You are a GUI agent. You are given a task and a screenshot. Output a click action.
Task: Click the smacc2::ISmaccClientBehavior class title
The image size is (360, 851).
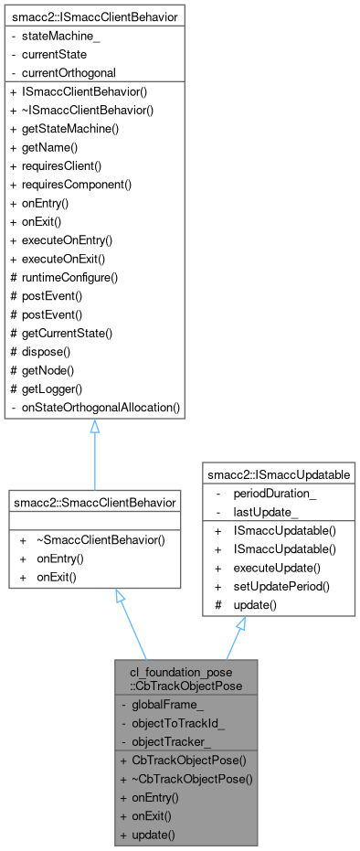click(94, 16)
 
